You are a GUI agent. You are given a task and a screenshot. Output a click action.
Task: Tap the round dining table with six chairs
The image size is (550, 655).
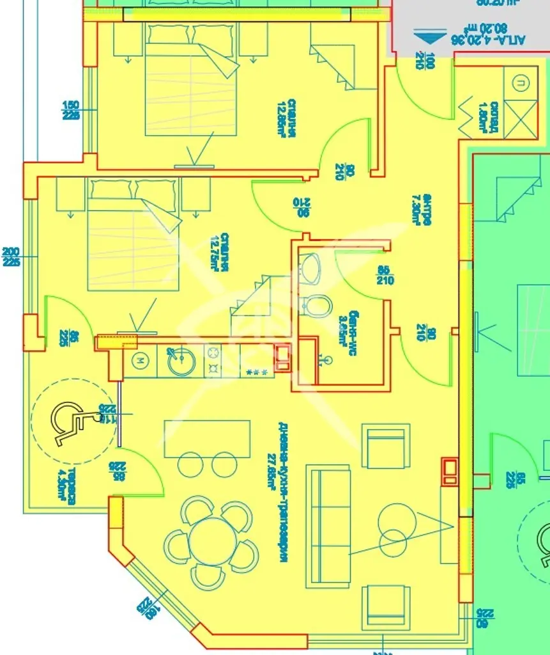pos(212,541)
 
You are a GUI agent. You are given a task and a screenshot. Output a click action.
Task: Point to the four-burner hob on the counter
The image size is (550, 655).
pos(213,361)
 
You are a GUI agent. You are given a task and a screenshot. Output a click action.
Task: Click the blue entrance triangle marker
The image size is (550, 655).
pos(427,36)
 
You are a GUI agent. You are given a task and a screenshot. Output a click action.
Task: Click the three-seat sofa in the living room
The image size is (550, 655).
pos(328,526)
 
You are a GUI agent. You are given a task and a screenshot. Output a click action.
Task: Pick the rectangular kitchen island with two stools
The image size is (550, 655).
pos(207,438)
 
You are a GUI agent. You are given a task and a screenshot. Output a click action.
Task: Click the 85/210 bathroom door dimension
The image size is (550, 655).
pos(385,275)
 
